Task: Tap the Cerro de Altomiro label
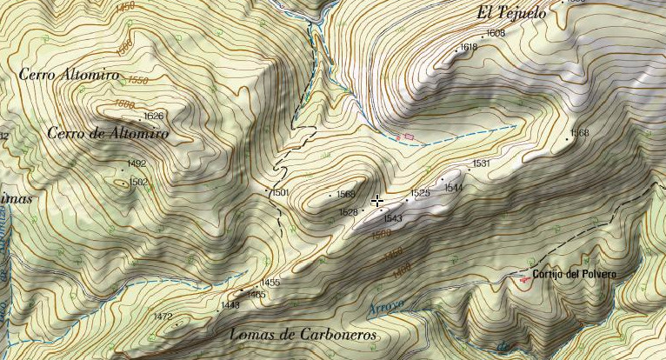coord(109,135)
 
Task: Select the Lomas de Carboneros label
coord(303,335)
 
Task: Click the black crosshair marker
coord(377,202)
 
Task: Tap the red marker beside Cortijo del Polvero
coord(523,279)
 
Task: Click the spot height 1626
coord(153,116)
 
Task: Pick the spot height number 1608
coord(496,33)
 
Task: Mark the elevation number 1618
coord(469,47)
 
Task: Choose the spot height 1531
coord(482,163)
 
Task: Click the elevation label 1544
coord(454,187)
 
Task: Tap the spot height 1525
coord(421,192)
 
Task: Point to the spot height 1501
coord(279,192)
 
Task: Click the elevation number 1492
coord(137,163)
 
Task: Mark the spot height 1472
coord(163,317)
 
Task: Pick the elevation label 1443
coord(230,305)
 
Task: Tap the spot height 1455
coord(270,283)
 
